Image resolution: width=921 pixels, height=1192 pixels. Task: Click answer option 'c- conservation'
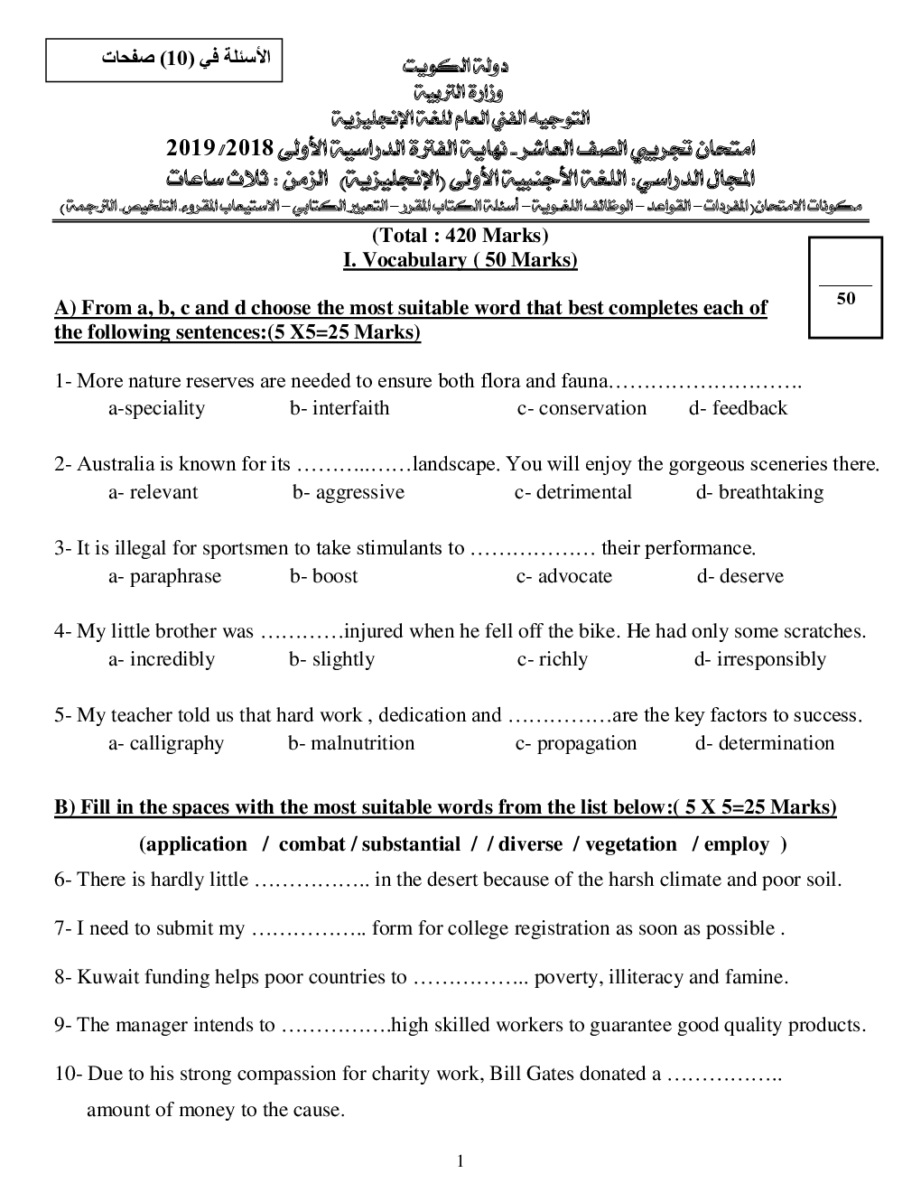coord(581,408)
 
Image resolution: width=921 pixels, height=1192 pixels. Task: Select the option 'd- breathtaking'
coord(759,492)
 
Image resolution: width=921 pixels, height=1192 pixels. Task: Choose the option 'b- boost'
coord(323,576)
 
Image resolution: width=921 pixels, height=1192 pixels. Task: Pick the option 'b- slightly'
coord(331,659)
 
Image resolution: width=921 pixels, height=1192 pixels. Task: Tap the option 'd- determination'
coord(765,743)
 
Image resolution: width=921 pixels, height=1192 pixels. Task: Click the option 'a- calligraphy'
coord(166,743)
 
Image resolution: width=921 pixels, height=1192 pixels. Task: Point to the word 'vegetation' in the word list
coord(630,844)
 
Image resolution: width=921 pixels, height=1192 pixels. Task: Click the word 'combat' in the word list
coord(312,844)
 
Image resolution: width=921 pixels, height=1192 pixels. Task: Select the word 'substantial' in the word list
coord(411,844)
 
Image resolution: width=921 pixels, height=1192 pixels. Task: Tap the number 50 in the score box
coord(846,299)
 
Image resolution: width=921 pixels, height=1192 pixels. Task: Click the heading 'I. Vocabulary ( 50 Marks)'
coord(460,260)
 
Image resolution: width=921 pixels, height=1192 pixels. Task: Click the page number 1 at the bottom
coord(460,1160)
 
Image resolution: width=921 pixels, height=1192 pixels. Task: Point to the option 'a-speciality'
coord(157,408)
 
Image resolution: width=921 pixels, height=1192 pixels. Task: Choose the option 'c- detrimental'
coord(573,492)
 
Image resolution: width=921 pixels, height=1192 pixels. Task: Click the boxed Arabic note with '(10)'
coord(165,61)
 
